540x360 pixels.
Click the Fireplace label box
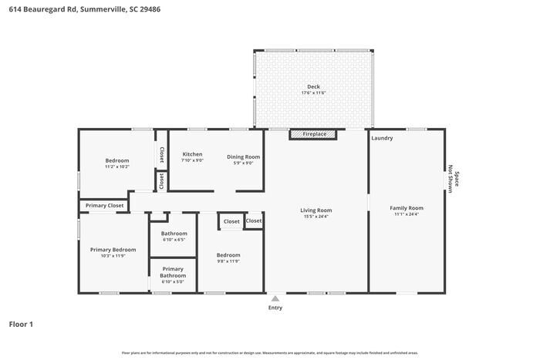pyautogui.click(x=313, y=134)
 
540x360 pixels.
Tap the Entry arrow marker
pyautogui.click(x=275, y=298)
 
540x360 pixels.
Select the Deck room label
pyautogui.click(x=313, y=86)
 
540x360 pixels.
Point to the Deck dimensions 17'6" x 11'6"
pyautogui.click(x=313, y=93)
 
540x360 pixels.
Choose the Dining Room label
pyautogui.click(x=243, y=156)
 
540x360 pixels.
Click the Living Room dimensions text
pyautogui.click(x=316, y=217)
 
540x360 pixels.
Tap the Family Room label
pyautogui.click(x=406, y=208)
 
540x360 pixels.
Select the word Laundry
pyautogui.click(x=382, y=139)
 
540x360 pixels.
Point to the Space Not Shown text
pyautogui.click(x=454, y=180)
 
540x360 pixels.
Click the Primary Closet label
pyautogui.click(x=105, y=206)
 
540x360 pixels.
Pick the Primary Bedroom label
pyautogui.click(x=113, y=250)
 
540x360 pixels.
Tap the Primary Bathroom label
pyautogui.click(x=173, y=272)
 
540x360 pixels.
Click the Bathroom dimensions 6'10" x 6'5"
pyautogui.click(x=174, y=240)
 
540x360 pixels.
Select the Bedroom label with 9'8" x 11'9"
pyautogui.click(x=228, y=255)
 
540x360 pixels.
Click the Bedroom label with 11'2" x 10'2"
pyautogui.click(x=117, y=160)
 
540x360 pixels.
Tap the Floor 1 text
pyautogui.click(x=21, y=324)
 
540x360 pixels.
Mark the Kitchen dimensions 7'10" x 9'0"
pyautogui.click(x=192, y=161)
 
